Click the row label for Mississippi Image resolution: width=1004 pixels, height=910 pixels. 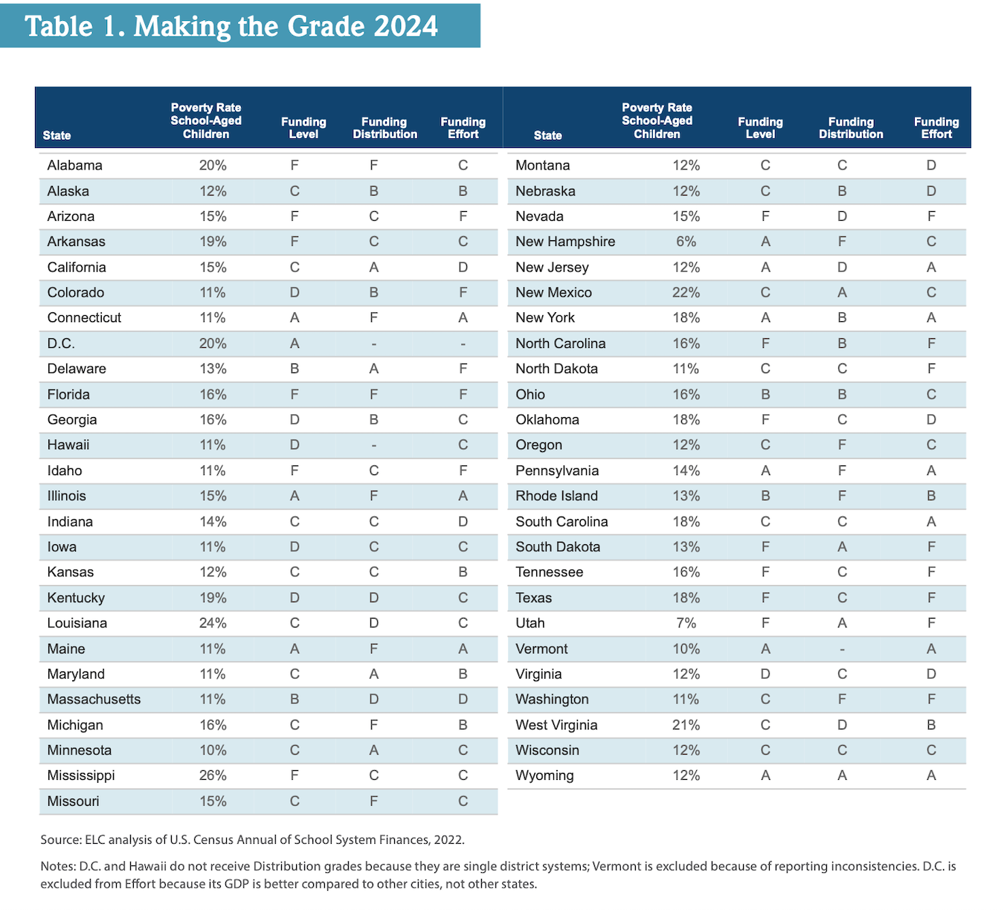coord(80,775)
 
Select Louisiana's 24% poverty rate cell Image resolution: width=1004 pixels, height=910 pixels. coord(213,623)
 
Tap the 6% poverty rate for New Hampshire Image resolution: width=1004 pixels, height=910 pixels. coord(686,242)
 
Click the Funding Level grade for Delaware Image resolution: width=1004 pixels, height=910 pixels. coord(295,369)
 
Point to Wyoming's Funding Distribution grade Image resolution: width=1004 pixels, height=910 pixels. coord(842,775)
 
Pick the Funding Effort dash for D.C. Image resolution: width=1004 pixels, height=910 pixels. coord(463,344)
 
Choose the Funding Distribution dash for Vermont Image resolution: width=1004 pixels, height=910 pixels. coord(842,649)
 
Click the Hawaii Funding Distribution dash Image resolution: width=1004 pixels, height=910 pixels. coord(373,445)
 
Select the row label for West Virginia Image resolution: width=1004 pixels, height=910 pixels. coord(556,725)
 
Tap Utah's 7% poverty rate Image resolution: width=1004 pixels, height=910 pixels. coord(686,623)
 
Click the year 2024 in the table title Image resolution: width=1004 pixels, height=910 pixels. coord(405,26)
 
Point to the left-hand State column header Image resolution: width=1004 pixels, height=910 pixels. coord(57,135)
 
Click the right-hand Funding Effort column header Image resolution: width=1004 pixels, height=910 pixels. coord(936,128)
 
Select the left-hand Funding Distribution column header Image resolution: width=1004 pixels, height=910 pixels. coord(384,128)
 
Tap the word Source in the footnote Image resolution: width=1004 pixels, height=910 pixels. coord(60,839)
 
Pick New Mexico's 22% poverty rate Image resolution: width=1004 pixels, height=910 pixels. coord(686,292)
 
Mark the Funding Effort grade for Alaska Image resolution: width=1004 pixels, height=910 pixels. coord(463,191)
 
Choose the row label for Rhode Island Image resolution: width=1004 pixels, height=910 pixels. coord(556,496)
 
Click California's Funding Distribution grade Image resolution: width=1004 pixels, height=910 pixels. coord(373,267)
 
